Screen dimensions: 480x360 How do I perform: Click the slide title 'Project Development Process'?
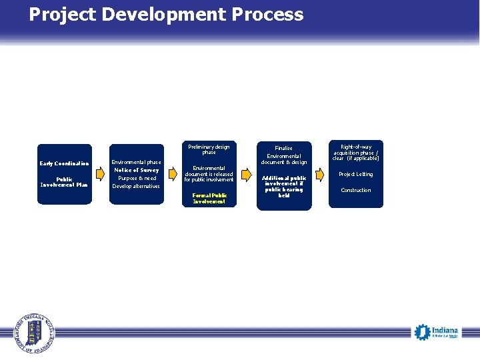click(166, 15)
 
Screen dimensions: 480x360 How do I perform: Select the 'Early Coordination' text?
click(64, 164)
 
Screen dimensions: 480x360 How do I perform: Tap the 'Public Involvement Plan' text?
click(64, 182)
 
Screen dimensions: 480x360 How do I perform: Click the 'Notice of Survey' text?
click(136, 170)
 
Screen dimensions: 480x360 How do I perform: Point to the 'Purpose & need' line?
click(136, 178)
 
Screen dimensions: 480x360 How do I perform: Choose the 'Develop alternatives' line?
click(136, 186)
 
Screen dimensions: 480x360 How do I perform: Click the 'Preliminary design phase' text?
click(209, 149)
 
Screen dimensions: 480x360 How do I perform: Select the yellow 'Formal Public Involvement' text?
click(209, 198)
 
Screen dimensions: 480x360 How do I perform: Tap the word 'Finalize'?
click(284, 148)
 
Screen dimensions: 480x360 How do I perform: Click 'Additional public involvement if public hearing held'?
click(284, 187)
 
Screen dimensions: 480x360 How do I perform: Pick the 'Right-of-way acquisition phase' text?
click(356, 152)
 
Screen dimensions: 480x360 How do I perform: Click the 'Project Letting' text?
click(356, 174)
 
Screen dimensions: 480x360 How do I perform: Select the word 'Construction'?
click(356, 190)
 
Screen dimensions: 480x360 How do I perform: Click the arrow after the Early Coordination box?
click(101, 175)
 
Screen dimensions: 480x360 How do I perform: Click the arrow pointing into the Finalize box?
click(246, 175)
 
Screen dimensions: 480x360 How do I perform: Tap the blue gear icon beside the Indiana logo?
click(421, 331)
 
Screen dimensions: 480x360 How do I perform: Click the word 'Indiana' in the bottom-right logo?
click(445, 330)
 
